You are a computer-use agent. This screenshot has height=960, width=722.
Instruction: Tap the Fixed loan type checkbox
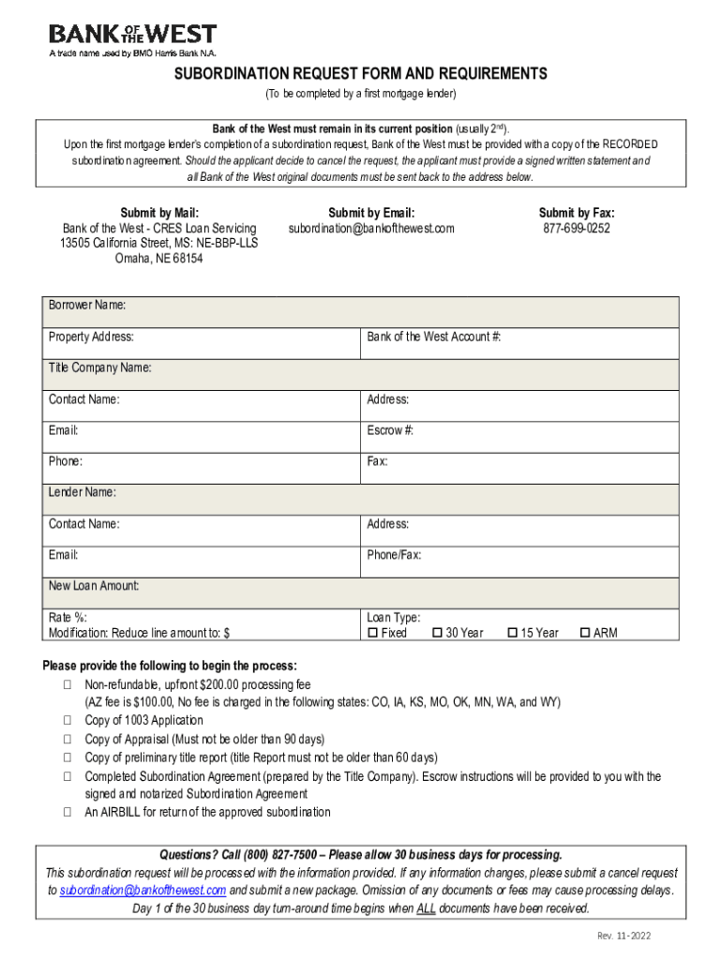tap(372, 633)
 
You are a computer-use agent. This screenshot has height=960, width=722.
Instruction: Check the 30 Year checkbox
tap(437, 633)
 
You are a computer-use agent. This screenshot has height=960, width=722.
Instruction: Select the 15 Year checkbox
tap(513, 633)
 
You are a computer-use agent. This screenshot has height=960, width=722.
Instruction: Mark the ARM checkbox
tap(586, 633)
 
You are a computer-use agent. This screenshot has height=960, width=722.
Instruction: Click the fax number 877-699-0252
tap(576, 228)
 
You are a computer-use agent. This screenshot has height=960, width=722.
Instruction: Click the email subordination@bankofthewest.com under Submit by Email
tap(371, 228)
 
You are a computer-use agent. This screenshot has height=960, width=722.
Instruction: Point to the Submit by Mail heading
tap(159, 213)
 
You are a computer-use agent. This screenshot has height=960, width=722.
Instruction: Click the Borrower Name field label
tap(87, 306)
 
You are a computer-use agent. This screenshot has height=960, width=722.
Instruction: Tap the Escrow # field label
tap(391, 430)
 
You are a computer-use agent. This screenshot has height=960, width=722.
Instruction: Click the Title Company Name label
tap(100, 368)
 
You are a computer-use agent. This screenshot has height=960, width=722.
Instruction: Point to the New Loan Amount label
tap(94, 586)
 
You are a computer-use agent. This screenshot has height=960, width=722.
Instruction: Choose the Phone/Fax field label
tap(394, 555)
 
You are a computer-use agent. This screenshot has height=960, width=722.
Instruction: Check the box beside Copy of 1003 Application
tap(68, 721)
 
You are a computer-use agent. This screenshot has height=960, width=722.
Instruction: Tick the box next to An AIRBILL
tap(68, 812)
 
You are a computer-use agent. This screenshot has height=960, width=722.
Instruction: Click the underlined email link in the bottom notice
tap(143, 890)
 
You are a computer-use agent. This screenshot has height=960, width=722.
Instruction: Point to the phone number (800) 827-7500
tap(281, 855)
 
